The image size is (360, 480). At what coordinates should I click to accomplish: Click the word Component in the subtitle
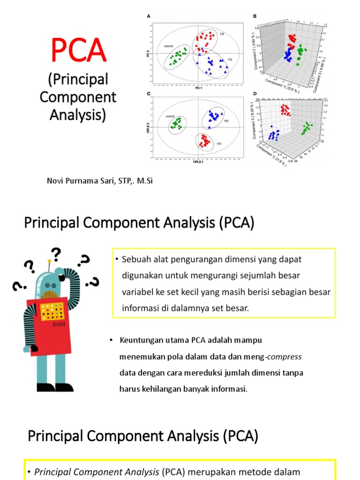pyautogui.click(x=78, y=97)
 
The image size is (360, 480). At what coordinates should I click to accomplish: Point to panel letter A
pyautogui.click(x=149, y=16)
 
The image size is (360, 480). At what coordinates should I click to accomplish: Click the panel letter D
pyautogui.click(x=255, y=94)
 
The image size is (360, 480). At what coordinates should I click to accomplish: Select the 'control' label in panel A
pyautogui.click(x=169, y=46)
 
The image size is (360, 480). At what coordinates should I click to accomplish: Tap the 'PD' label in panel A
pyautogui.click(x=230, y=60)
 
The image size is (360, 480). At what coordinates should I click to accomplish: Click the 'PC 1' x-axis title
pyautogui.click(x=198, y=88)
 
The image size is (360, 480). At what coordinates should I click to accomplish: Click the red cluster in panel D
pyautogui.click(x=285, y=110)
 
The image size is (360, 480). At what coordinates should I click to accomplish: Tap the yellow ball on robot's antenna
pyautogui.click(x=49, y=260)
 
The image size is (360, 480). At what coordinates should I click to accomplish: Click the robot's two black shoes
pyautogui.click(x=54, y=387)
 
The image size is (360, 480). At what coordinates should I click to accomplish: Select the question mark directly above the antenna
pyautogui.click(x=56, y=255)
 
